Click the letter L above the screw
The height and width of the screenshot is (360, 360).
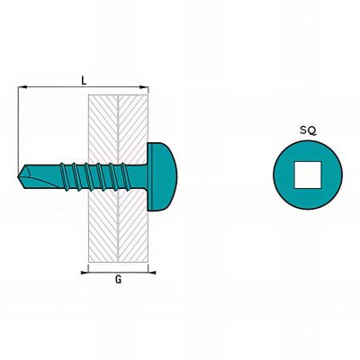pos(84,80)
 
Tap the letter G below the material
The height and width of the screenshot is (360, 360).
pos(119,279)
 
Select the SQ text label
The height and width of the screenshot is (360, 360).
pos(308,130)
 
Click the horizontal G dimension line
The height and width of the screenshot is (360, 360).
pos(118,268)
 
